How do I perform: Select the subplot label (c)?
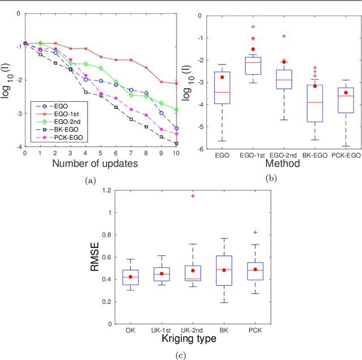[x=181, y=356]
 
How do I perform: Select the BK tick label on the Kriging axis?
[x=223, y=329]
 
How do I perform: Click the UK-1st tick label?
[x=162, y=329]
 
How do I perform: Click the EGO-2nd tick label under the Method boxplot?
[x=281, y=155]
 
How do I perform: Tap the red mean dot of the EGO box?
[x=222, y=77]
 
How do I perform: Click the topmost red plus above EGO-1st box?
[x=253, y=27]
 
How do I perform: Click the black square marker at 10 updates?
[x=176, y=144]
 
